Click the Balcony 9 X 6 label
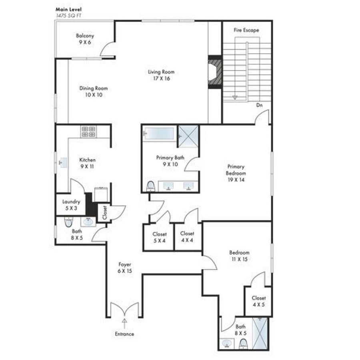click(85, 39)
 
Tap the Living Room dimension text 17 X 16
click(162, 78)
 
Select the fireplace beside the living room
click(215, 72)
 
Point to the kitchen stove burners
click(88, 132)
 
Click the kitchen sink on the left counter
click(63, 163)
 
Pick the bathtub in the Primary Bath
click(158, 133)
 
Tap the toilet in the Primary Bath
click(151, 186)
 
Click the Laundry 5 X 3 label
click(71, 205)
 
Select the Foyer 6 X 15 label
click(125, 268)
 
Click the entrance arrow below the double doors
click(124, 324)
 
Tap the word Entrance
click(124, 334)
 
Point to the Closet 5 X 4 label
click(160, 237)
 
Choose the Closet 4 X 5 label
click(259, 301)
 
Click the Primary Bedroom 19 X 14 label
click(236, 173)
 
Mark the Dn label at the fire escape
click(260, 105)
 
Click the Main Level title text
click(68, 10)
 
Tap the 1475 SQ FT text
click(69, 16)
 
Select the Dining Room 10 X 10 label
click(94, 91)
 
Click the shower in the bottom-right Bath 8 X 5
click(260, 333)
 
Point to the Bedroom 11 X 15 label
click(240, 256)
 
